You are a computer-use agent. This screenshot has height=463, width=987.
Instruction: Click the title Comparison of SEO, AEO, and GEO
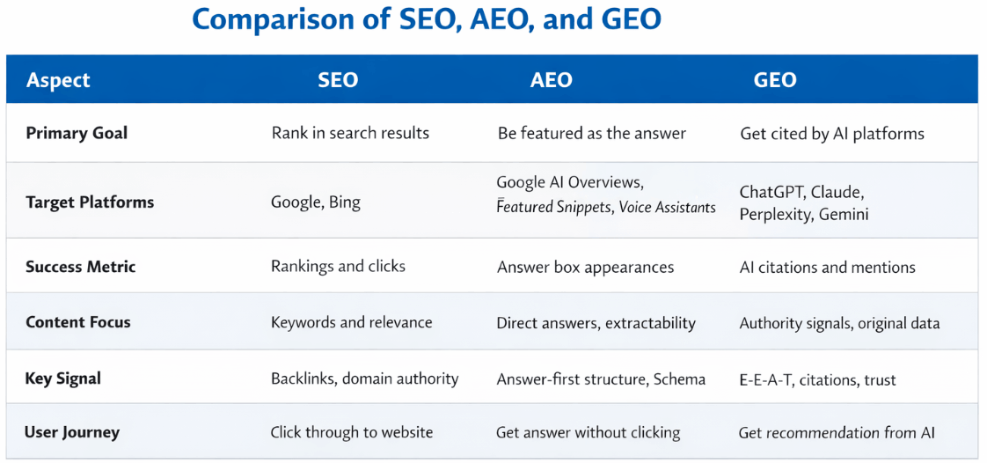(426, 20)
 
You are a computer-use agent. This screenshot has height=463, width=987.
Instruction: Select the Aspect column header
(58, 80)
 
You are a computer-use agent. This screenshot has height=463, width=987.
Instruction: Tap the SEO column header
(338, 80)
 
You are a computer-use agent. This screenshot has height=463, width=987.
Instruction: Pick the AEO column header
(551, 80)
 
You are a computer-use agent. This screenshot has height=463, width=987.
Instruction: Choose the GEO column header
(774, 80)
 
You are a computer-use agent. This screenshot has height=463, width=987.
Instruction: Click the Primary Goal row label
(77, 134)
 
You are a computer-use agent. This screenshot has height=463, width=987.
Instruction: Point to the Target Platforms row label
(90, 202)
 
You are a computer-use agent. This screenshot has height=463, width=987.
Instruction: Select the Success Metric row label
(81, 267)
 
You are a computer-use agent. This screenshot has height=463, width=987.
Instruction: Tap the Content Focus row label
(78, 322)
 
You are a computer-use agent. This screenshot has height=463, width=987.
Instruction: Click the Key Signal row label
(63, 379)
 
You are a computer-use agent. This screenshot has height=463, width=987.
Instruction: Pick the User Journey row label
(72, 432)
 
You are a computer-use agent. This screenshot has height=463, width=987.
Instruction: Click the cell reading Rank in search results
(350, 134)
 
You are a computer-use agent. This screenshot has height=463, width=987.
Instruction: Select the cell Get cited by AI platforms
(831, 134)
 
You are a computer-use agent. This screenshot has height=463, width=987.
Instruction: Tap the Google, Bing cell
(315, 202)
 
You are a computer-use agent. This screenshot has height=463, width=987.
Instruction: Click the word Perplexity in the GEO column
(774, 215)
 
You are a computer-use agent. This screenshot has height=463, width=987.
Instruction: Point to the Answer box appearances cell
(585, 267)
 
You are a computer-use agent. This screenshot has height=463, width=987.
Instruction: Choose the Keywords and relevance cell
(351, 322)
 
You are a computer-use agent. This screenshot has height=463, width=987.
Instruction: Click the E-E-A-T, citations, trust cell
(817, 380)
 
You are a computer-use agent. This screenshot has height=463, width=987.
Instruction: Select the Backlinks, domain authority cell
(364, 379)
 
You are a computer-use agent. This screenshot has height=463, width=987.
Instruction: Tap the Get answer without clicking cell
(588, 432)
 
